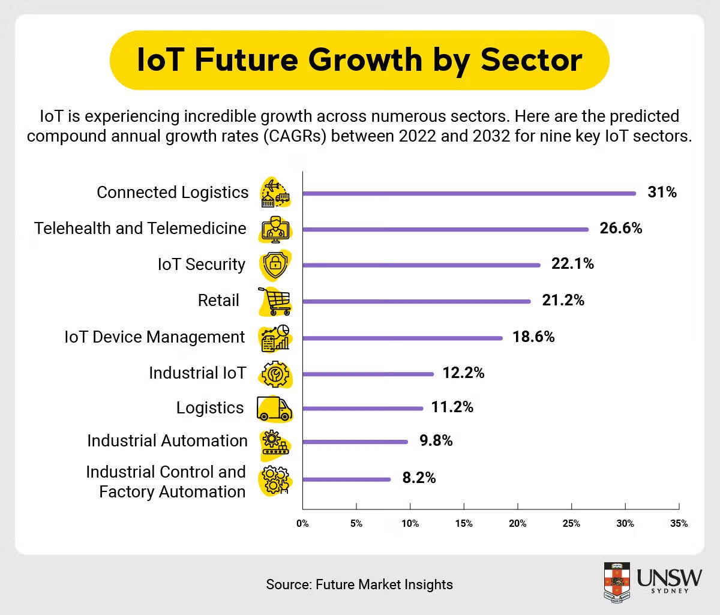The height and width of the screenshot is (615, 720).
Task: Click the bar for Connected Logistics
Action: click(469, 193)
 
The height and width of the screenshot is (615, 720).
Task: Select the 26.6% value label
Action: click(620, 228)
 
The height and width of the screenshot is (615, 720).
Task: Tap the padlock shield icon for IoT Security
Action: click(275, 265)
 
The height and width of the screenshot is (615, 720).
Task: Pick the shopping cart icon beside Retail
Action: click(275, 301)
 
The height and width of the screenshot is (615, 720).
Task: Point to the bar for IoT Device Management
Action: click(402, 338)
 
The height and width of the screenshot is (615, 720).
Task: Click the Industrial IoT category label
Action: click(197, 373)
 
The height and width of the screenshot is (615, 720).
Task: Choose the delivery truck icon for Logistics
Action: click(274, 409)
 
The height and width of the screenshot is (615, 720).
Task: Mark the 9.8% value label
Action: click(436, 441)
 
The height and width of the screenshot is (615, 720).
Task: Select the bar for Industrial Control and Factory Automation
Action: click(346, 479)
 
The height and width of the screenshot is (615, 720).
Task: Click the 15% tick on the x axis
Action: click(464, 523)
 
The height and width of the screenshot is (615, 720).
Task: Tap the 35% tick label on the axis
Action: click(679, 523)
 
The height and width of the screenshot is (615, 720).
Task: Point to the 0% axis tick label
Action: click(302, 523)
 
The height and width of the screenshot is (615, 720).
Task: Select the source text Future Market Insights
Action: click(384, 584)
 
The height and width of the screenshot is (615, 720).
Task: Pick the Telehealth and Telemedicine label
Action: click(140, 228)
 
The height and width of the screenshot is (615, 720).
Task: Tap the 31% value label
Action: click(662, 192)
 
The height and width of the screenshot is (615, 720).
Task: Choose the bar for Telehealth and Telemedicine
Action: click(445, 229)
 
